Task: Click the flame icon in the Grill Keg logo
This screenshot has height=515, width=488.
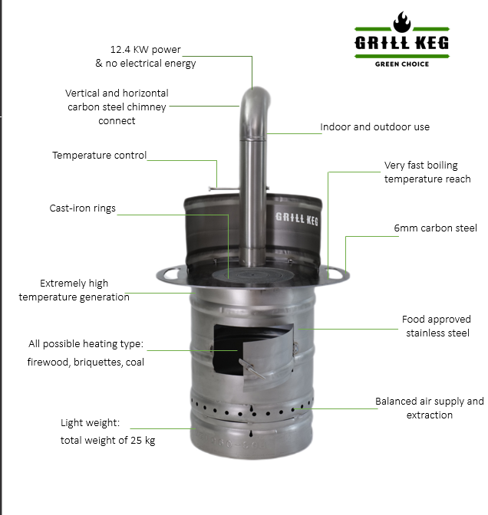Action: (402, 22)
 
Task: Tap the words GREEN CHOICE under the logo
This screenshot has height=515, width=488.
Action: (402, 64)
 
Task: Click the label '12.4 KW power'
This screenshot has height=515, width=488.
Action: (145, 50)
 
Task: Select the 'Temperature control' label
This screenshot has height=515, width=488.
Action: (99, 155)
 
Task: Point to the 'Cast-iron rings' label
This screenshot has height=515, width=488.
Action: (83, 208)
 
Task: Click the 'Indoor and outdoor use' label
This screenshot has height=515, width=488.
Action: (375, 126)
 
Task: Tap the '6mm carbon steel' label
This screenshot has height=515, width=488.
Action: (435, 228)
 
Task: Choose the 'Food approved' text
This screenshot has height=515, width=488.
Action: (437, 320)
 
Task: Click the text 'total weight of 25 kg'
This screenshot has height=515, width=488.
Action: (108, 440)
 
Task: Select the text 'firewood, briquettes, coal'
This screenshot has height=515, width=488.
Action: (85, 362)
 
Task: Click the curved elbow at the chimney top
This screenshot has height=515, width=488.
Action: (255, 105)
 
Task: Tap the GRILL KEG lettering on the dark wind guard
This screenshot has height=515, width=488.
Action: (297, 218)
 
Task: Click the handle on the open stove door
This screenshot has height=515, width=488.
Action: (252, 369)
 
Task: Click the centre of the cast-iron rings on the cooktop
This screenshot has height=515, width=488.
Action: (253, 274)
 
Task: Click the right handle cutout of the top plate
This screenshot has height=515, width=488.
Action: (335, 273)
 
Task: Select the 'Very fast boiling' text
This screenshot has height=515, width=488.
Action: (421, 166)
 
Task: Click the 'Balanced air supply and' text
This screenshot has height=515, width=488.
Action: (430, 402)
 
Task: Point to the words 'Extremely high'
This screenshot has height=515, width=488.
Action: (74, 283)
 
